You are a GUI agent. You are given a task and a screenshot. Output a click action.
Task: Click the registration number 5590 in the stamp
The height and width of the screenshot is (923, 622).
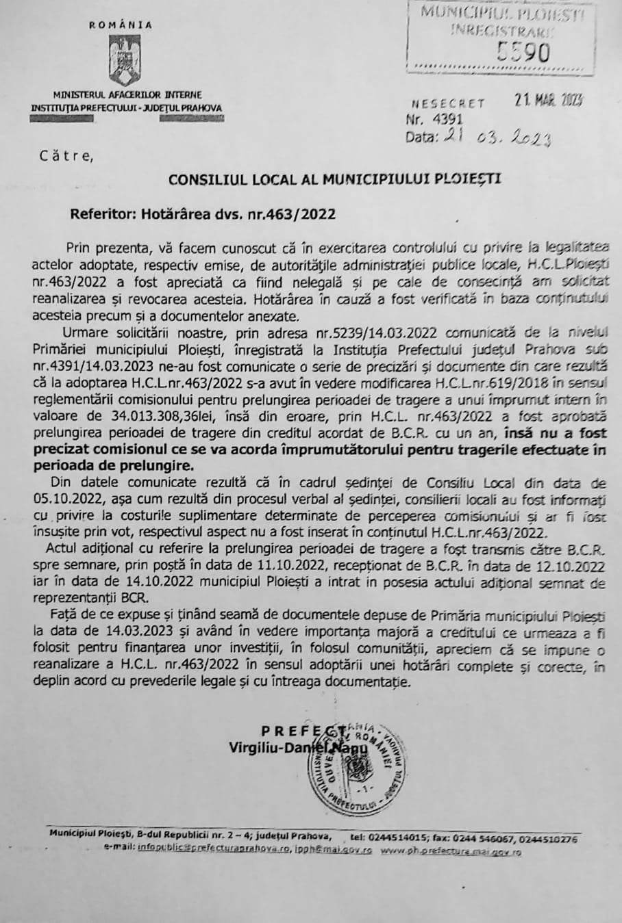(523, 51)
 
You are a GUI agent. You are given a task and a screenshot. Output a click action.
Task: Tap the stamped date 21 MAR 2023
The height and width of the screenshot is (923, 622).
(548, 101)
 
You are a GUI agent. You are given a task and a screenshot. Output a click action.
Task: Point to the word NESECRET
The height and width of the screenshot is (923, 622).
(449, 104)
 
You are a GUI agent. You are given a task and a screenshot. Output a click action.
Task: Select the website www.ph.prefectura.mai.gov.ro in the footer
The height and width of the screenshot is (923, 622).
(451, 851)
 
